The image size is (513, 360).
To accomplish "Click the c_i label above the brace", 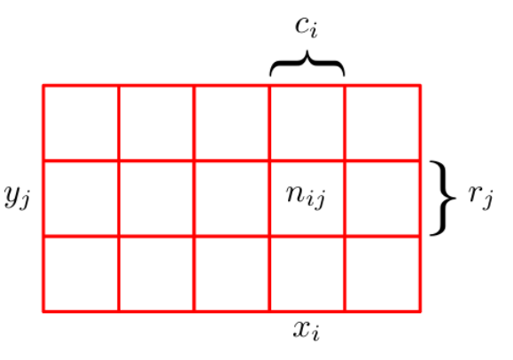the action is click(307, 27).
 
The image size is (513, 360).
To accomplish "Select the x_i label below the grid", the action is click(307, 330).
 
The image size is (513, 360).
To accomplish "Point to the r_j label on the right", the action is click(480, 197).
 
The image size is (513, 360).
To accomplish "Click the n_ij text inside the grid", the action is click(306, 197).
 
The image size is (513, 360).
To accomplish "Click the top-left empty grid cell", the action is click(81, 123).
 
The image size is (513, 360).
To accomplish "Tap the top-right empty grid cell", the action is click(382, 123).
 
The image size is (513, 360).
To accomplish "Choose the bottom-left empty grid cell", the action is click(81, 273).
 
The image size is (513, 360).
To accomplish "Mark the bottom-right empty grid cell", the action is click(382, 273).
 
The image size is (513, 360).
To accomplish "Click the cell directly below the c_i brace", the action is click(307, 123).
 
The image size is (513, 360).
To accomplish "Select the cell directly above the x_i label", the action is click(307, 273).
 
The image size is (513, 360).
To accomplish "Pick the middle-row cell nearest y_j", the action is click(81, 199).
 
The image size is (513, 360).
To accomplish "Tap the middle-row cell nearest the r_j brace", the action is click(382, 199).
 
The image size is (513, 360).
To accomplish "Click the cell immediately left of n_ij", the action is click(231, 199).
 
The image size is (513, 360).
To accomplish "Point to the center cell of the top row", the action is click(231, 123).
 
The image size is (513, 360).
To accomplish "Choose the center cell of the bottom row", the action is click(231, 273).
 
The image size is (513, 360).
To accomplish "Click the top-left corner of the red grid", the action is click(43, 85).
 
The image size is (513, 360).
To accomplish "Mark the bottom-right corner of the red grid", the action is click(420, 311).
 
